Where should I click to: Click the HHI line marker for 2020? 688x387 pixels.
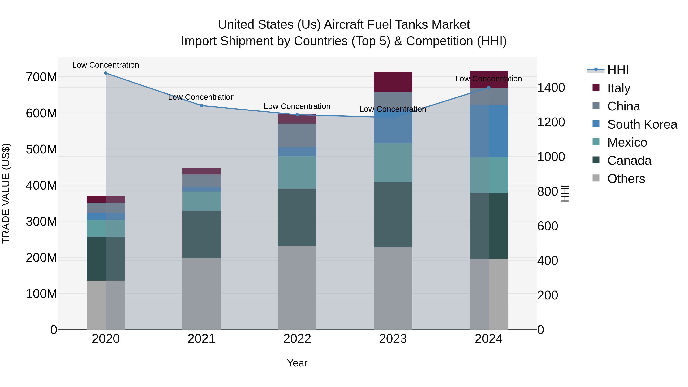click(x=106, y=73)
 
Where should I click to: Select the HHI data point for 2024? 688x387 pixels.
click(x=488, y=87)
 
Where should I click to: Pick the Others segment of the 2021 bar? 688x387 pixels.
click(x=201, y=294)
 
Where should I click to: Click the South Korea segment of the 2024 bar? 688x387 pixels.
click(x=488, y=131)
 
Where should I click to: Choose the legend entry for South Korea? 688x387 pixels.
click(x=642, y=124)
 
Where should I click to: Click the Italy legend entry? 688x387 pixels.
click(x=619, y=88)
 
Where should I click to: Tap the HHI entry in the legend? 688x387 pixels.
click(x=618, y=70)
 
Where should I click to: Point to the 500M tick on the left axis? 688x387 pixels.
click(x=41, y=149)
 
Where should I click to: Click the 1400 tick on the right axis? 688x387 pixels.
click(x=551, y=88)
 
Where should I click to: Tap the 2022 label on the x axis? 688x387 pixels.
click(x=297, y=339)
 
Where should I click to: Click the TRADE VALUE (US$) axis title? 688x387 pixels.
click(x=6, y=193)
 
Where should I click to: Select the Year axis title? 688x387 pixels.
click(x=297, y=363)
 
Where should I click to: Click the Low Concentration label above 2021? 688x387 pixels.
click(x=201, y=97)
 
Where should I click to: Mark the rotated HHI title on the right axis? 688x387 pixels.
click(x=565, y=193)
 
